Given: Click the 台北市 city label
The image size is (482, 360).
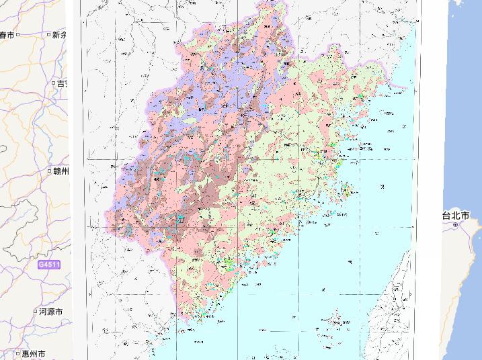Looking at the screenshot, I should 460,216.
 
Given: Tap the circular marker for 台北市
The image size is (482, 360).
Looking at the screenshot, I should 456,225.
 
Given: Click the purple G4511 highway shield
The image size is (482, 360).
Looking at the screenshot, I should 48,265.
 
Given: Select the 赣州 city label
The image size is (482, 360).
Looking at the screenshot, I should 62,171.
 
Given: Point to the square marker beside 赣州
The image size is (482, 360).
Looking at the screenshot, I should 50,171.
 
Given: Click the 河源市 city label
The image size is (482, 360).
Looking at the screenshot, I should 51,312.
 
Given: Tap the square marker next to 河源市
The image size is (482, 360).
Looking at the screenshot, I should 35,312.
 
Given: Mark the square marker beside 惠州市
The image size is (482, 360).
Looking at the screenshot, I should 17,353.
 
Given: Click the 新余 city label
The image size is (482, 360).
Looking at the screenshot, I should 60,34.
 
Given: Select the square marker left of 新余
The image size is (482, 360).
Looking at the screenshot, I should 49,34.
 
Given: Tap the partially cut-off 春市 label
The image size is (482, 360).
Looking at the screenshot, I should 8,34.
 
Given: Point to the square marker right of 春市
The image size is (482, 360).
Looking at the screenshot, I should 19,34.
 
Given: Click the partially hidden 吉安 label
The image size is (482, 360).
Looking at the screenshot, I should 62,83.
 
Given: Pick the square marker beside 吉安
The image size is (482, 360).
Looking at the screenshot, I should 53,83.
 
